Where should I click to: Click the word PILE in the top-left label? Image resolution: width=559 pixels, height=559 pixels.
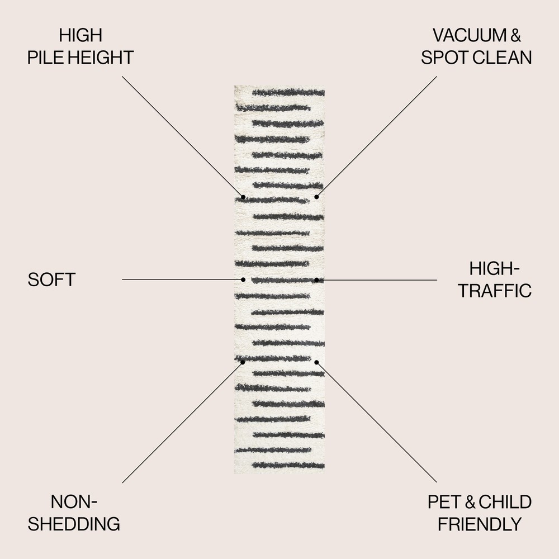45,58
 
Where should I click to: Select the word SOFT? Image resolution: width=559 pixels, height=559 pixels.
51,279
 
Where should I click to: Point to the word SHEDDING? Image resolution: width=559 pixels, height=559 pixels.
74,524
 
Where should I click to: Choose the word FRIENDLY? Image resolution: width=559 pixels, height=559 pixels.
479,524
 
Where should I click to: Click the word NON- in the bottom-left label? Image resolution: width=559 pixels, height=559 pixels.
74,502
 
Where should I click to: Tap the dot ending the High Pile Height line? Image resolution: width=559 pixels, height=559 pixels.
243,197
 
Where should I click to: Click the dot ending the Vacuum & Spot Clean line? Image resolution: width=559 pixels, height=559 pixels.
316,197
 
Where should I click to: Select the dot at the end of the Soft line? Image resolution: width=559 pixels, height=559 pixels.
243,279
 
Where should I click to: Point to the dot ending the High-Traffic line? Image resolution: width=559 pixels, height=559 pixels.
316,279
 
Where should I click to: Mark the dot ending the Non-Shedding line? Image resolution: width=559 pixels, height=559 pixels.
243,362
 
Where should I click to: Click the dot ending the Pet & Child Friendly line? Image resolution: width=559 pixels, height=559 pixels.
316,362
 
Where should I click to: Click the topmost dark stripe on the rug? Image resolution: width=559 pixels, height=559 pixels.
288,92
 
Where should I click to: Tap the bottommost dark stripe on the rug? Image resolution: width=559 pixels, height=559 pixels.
288,465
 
